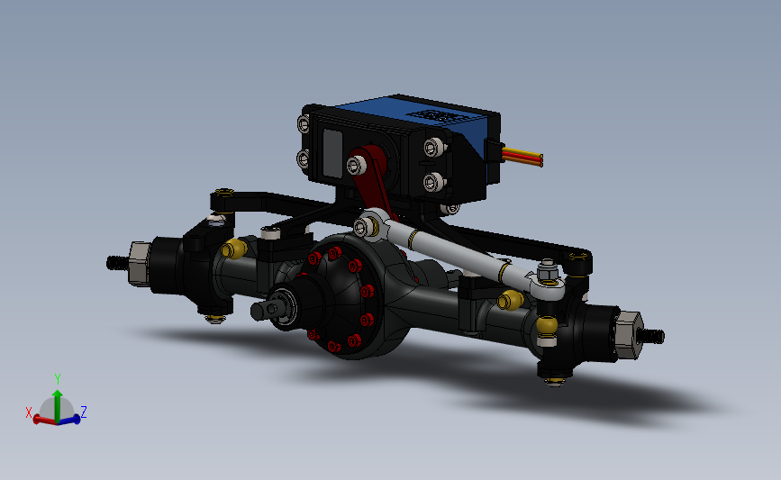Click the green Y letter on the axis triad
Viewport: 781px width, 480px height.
tap(57, 379)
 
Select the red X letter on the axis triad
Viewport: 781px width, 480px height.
tap(29, 412)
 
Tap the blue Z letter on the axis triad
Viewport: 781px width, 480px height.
tap(84, 412)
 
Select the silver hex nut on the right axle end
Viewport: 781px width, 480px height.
tap(627, 334)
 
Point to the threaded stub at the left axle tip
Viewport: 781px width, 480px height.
tap(115, 263)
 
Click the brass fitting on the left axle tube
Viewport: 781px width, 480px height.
tap(236, 249)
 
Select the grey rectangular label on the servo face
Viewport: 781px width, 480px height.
tap(331, 152)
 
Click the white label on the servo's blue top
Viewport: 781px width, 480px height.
tap(440, 116)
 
